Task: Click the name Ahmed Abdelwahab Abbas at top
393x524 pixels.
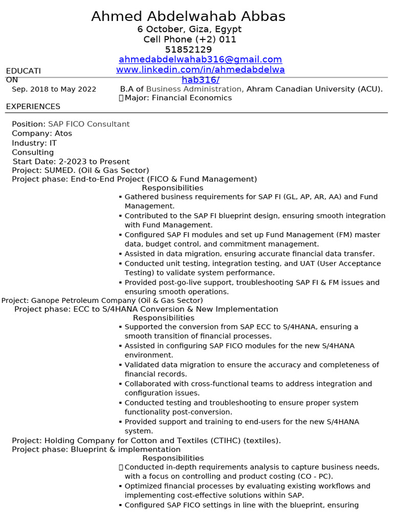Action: pyautogui.click(x=188, y=16)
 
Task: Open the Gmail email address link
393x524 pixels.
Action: pyautogui.click(x=200, y=59)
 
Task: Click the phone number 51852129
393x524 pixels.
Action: pyautogui.click(x=188, y=50)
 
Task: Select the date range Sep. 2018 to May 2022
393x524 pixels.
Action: pyautogui.click(x=54, y=89)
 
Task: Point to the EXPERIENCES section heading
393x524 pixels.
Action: pyautogui.click(x=33, y=106)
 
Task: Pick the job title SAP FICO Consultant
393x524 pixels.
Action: pyautogui.click(x=89, y=124)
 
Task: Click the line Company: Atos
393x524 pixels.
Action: pyautogui.click(x=42, y=134)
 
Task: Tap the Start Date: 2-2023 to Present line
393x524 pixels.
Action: pyautogui.click(x=71, y=162)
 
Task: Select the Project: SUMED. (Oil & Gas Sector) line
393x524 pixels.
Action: pyautogui.click(x=80, y=170)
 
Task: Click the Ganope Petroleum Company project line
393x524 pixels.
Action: pyautogui.click(x=102, y=300)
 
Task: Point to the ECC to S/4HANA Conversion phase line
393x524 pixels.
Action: pyautogui.click(x=146, y=309)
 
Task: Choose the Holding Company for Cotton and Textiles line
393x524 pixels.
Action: pyautogui.click(x=146, y=441)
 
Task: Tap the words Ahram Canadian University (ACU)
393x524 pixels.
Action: pyautogui.click(x=314, y=89)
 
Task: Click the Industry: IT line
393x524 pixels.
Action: pyautogui.click(x=34, y=143)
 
